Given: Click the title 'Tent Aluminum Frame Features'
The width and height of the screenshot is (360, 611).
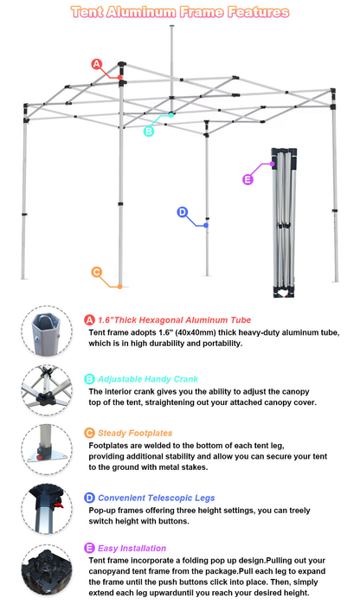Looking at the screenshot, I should coord(180,12).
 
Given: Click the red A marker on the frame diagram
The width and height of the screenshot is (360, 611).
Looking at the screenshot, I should coord(97,64).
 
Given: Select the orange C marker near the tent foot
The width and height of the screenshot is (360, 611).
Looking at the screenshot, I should coord(97,271).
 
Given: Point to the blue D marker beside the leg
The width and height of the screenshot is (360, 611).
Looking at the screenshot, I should coord(182,212).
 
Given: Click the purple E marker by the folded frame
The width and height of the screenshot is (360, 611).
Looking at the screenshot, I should coord(247,179).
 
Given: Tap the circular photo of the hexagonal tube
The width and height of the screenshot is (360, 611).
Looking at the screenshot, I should coord(47,331).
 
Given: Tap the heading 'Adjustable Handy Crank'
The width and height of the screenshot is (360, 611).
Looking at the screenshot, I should coord(148,379).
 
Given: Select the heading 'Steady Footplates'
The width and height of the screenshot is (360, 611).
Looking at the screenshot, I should coord(135,433).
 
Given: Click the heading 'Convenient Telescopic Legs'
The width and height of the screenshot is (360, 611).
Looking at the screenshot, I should coord(156,498).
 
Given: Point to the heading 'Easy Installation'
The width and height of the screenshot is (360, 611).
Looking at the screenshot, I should coord(132,548).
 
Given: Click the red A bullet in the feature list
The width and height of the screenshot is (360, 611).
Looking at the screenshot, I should coord(89,319).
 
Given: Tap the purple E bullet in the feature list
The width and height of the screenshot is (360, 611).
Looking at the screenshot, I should coord(89,548).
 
